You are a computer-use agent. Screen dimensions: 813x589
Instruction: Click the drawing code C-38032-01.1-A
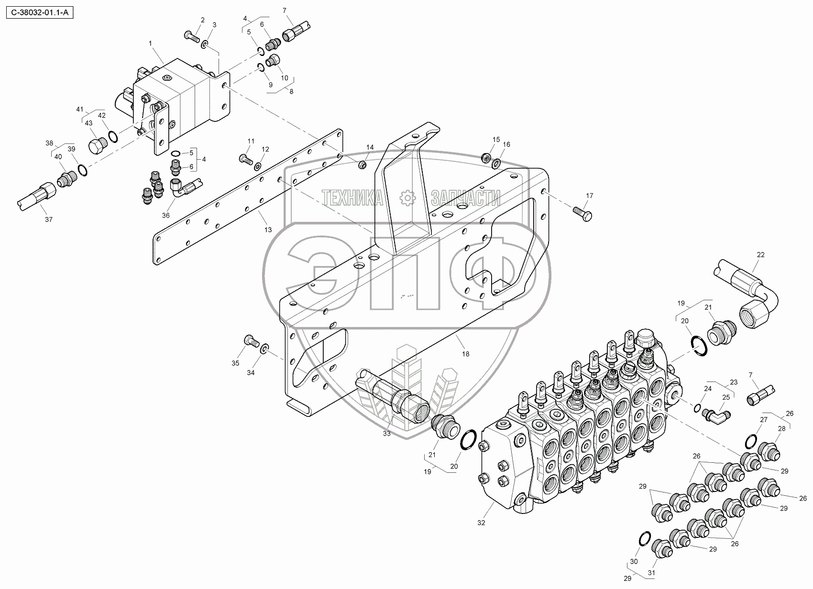(40, 13)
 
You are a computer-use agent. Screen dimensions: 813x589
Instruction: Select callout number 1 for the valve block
(150, 44)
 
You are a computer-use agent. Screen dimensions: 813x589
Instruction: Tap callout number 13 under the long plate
(268, 230)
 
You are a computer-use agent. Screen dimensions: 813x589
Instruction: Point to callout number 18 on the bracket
(465, 354)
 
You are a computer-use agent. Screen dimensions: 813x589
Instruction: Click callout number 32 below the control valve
(481, 523)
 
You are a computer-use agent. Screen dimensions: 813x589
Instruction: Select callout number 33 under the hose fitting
(386, 434)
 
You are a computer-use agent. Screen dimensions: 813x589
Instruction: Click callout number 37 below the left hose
(49, 219)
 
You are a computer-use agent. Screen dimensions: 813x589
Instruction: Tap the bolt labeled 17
(582, 214)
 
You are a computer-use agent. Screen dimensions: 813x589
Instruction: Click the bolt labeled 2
(192, 36)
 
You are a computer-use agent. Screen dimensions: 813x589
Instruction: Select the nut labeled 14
(362, 165)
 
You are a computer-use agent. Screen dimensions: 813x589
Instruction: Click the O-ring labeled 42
(113, 137)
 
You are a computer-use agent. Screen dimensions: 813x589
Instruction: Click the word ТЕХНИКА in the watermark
(352, 198)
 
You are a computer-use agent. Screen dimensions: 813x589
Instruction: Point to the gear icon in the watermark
(407, 198)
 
